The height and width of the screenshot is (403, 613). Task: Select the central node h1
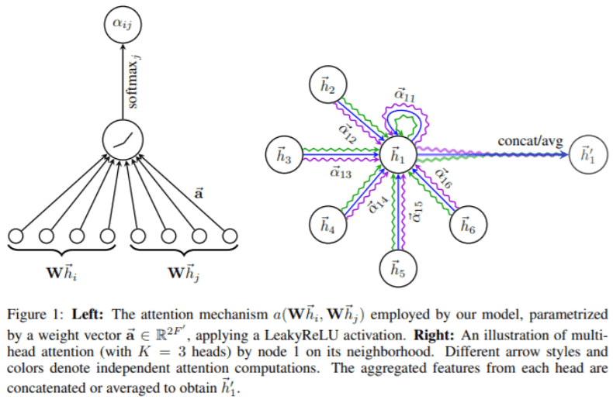(x=400, y=155)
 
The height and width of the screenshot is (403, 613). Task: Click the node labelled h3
(x=284, y=156)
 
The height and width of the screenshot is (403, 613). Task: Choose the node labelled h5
(x=398, y=270)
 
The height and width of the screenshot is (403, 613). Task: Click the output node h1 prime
(x=587, y=156)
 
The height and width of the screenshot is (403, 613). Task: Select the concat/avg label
(x=531, y=142)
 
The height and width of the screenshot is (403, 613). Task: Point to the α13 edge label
(x=339, y=172)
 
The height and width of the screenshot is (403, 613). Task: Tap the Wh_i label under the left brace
(x=63, y=272)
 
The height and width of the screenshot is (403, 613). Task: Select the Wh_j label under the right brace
(x=185, y=272)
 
